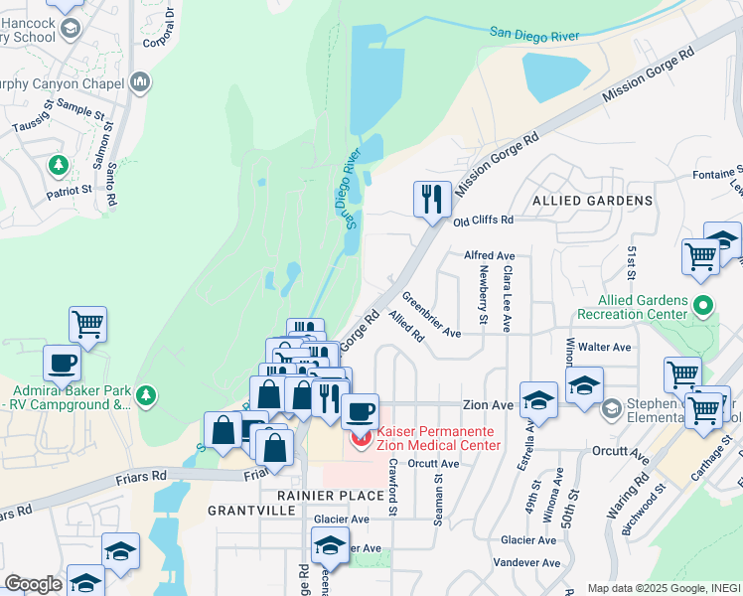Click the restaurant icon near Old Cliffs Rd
(x=432, y=199)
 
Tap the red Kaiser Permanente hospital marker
(x=360, y=436)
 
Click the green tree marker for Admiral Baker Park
(x=146, y=396)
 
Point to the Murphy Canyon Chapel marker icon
(x=139, y=80)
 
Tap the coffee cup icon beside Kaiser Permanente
(x=360, y=409)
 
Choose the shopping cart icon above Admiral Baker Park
(x=87, y=322)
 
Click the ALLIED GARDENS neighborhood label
(x=593, y=201)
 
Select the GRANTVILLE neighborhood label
(x=251, y=510)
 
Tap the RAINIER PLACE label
(x=332, y=495)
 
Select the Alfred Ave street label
(x=490, y=255)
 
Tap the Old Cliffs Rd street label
(x=484, y=220)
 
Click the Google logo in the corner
(x=33, y=583)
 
